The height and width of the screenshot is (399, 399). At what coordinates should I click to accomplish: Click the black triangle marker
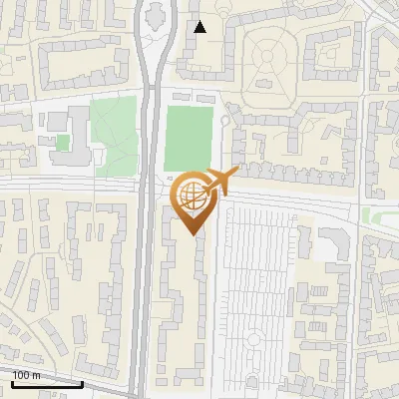[200, 27]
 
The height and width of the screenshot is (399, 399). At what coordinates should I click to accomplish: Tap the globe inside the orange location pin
[192, 196]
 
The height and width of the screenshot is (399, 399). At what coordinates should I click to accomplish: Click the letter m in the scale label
[38, 374]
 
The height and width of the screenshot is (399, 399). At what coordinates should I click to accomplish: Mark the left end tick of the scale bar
[11, 382]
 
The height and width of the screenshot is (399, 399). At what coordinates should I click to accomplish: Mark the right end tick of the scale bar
[83, 382]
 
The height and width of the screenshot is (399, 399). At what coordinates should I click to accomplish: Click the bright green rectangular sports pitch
[189, 138]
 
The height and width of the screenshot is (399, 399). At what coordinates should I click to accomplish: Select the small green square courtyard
[63, 143]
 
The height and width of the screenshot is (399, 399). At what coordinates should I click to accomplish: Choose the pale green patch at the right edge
[373, 215]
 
